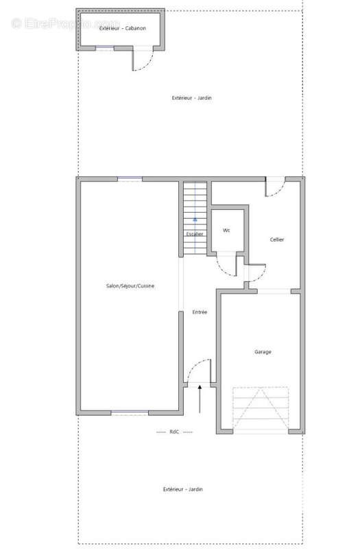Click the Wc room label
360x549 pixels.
(x=226, y=231)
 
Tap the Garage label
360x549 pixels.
(x=263, y=352)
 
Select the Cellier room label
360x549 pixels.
(x=277, y=240)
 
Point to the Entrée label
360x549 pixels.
(x=200, y=312)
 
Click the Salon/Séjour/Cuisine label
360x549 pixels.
(x=130, y=286)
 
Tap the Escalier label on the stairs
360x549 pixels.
(x=195, y=234)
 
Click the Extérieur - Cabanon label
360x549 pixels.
(x=123, y=28)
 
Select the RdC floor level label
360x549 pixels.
(x=174, y=432)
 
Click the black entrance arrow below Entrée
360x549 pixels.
(x=200, y=399)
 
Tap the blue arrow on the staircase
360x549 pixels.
(x=195, y=219)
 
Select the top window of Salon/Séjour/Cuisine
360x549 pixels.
(x=130, y=179)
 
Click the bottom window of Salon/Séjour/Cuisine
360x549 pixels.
(x=130, y=412)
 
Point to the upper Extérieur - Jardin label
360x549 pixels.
(x=192, y=97)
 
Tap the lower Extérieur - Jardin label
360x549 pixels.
(x=183, y=489)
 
